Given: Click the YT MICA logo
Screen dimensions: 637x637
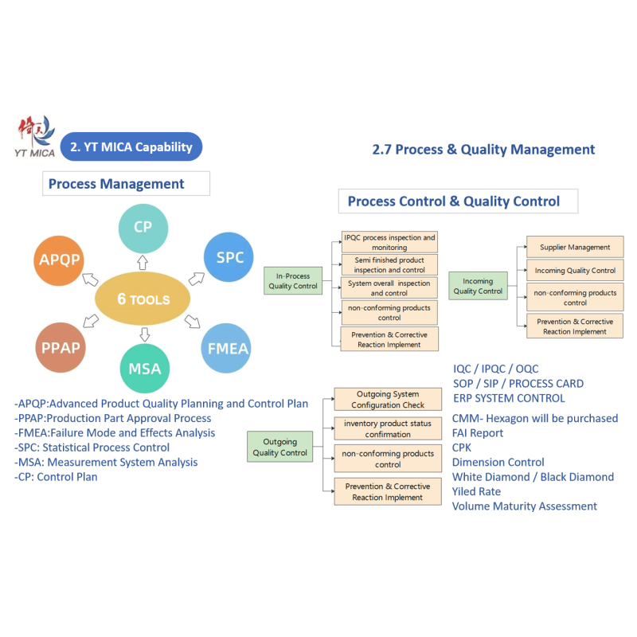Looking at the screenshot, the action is pos(35,136).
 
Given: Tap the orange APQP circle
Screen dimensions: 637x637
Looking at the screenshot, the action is pos(59,260).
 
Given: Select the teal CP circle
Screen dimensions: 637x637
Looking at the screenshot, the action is pos(143,229).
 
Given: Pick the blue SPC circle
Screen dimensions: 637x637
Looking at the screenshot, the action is pos(229,257).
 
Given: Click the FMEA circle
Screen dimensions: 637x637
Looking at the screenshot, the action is pos(226,348).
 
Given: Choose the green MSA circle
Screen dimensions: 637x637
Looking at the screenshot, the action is pos(145,369).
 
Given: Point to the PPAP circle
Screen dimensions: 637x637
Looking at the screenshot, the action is pos(61,347).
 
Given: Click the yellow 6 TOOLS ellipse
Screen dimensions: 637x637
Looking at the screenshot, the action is pos(143,299).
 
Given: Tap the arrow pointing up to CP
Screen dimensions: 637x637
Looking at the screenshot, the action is pos(143,263).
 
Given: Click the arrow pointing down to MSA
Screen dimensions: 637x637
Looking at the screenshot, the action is pos(145,334).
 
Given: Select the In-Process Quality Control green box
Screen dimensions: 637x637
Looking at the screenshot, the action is pos(293,281).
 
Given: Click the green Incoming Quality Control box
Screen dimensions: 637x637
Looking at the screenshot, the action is pos(479,286).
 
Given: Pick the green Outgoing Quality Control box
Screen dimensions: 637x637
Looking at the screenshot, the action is pos(280,447).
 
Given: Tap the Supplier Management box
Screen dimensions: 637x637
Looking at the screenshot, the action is pos(575,247).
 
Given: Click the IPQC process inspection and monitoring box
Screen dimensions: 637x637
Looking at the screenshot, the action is pos(389,242).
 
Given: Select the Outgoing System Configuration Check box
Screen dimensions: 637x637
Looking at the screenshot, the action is pos(388,400).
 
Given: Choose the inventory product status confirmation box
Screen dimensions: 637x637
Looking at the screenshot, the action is pos(388,428).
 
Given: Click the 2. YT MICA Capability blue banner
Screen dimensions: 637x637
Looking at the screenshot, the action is pos(131,147).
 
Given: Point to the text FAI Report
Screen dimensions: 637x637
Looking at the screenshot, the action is pos(478,433).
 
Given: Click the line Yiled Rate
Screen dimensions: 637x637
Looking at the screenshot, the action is pos(476,491).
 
